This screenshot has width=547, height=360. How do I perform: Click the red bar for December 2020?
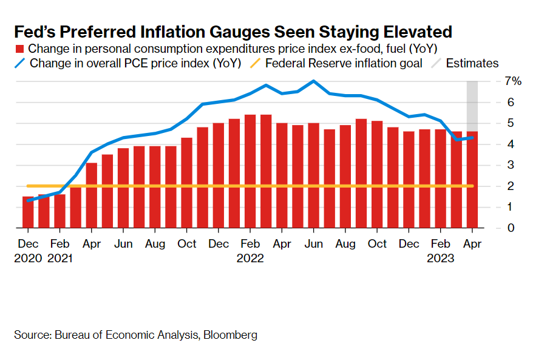(28, 212)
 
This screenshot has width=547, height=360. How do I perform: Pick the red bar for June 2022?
(313, 175)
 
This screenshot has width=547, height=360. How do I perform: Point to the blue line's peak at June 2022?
(313, 81)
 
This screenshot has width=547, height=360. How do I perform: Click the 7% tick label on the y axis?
(497, 81)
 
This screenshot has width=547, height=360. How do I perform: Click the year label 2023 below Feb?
(440, 258)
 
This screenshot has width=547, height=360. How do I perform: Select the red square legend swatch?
(19, 49)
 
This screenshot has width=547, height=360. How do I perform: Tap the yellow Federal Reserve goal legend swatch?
(256, 63)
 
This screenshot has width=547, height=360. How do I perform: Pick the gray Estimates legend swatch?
(436, 63)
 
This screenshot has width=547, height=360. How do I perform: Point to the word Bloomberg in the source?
(230, 335)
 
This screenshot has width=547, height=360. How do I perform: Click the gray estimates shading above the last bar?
(472, 103)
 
